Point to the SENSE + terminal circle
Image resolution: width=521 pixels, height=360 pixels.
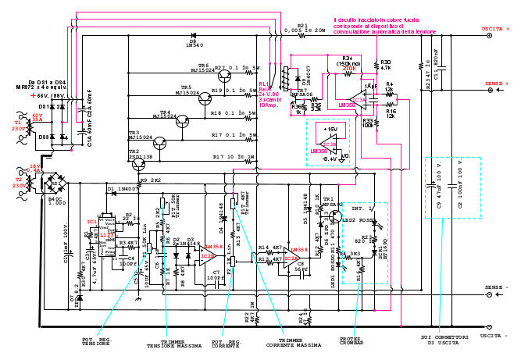pyautogui.click(x=491, y=82)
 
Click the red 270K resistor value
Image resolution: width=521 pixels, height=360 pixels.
pyautogui.click(x=349, y=69)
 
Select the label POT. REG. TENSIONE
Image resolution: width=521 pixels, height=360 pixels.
pyautogui.click(x=97, y=341)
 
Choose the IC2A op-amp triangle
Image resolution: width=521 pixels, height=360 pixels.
pyautogui.click(x=291, y=258)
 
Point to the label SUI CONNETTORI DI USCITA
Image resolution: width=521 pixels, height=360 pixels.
pyautogui.click(x=446, y=340)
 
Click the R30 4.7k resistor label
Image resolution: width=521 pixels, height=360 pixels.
pyautogui.click(x=386, y=64)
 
